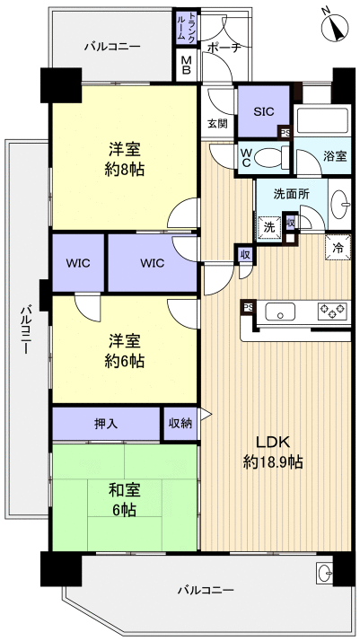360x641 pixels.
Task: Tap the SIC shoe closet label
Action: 263,112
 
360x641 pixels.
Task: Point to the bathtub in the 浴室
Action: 320,120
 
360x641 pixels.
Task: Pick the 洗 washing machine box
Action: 268,228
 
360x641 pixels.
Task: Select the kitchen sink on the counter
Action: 279,312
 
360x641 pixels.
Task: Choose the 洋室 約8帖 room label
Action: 124,158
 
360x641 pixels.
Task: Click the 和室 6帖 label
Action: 123,497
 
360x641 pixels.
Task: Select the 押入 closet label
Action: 106,422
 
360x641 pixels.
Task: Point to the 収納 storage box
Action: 180,422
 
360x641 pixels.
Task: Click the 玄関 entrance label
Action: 218,123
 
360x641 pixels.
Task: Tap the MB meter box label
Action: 186,66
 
